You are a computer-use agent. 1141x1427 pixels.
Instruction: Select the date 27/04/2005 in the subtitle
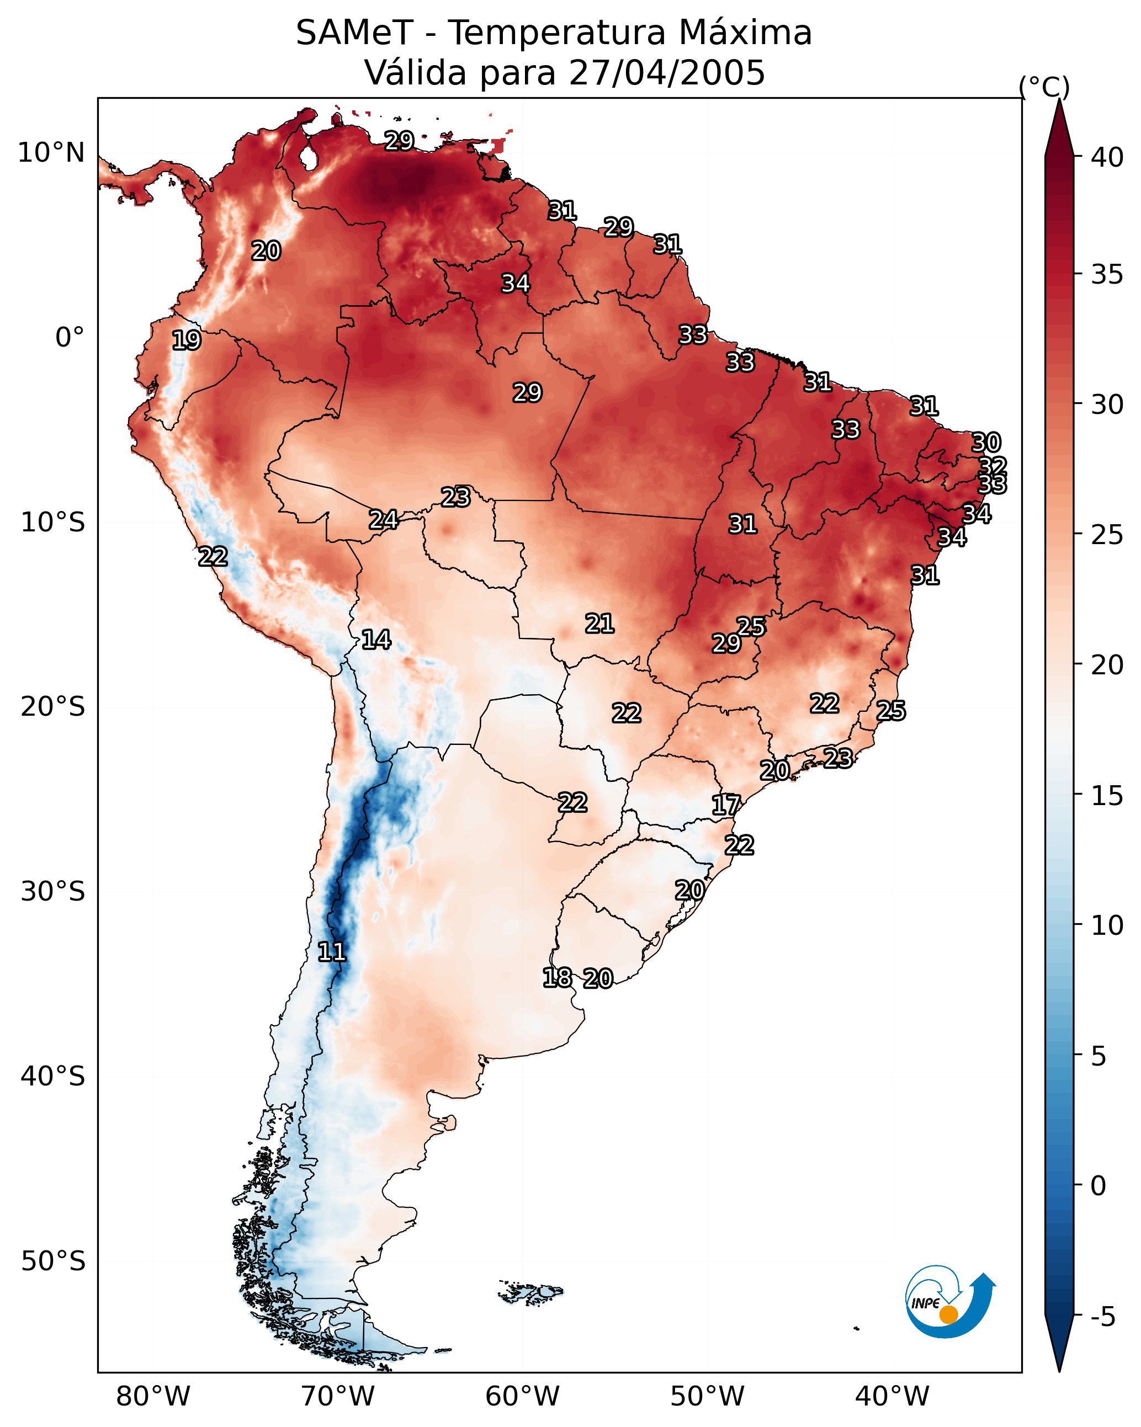coord(667,72)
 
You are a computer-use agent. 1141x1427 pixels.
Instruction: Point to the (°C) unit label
coord(1044,87)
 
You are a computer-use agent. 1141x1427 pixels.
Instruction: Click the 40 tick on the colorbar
coord(1107,157)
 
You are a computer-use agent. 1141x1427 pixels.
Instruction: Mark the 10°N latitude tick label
coord(51,153)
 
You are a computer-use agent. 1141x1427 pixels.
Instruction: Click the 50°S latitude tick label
coord(53,1261)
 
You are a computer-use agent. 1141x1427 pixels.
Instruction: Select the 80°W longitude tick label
coord(153,1396)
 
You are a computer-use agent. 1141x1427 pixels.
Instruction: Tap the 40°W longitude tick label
coord(892,1396)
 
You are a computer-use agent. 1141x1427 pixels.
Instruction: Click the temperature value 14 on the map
coord(376,640)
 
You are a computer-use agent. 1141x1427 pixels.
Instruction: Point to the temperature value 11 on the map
coord(332,952)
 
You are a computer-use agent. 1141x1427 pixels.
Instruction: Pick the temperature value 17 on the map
coord(726,805)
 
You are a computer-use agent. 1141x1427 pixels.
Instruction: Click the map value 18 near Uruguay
coord(557,978)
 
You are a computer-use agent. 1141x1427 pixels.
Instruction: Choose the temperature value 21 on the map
coord(599,624)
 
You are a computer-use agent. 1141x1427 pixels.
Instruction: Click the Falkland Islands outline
coord(531,1291)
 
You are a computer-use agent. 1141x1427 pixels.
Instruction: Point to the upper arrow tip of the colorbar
coord(1059,100)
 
